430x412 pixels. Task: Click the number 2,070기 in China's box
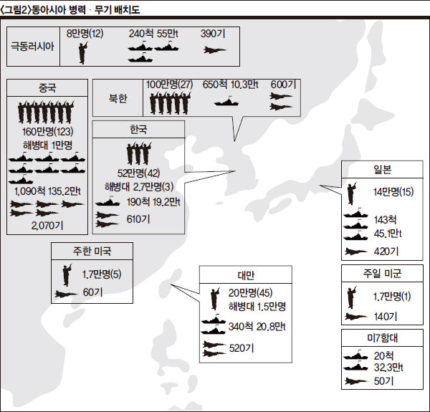coord(47,224)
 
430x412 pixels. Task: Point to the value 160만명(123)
coord(47,133)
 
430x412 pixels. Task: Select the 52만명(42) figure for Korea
coord(138,173)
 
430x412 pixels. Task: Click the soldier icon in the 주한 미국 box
coord(66,274)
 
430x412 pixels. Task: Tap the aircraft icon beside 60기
coord(66,292)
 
